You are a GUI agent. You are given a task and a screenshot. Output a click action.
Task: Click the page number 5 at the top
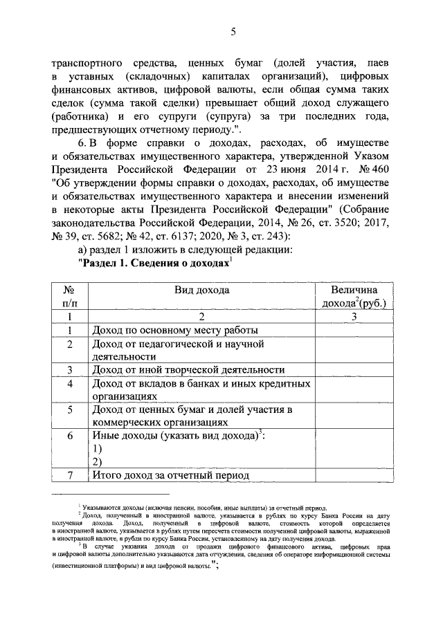click(x=233, y=31)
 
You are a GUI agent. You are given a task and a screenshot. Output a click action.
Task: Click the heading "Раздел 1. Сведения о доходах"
click(x=155, y=263)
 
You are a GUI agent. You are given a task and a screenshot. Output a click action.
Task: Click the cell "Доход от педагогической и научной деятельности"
click(x=179, y=349)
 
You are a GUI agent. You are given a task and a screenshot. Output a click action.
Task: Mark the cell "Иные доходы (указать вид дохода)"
click(x=179, y=436)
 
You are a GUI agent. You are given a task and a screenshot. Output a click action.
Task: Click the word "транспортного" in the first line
click(x=87, y=63)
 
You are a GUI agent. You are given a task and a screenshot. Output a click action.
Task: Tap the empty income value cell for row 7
click(x=353, y=475)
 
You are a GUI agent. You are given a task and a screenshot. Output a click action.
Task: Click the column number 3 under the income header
click(x=353, y=316)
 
